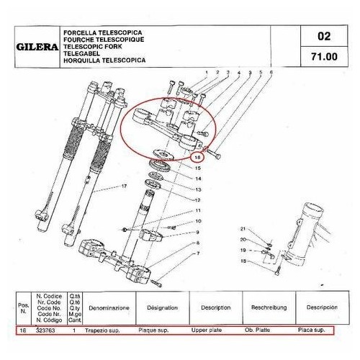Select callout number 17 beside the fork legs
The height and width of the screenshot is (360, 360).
coord(123,186)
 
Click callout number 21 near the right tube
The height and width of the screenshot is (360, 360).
coord(243,228)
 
